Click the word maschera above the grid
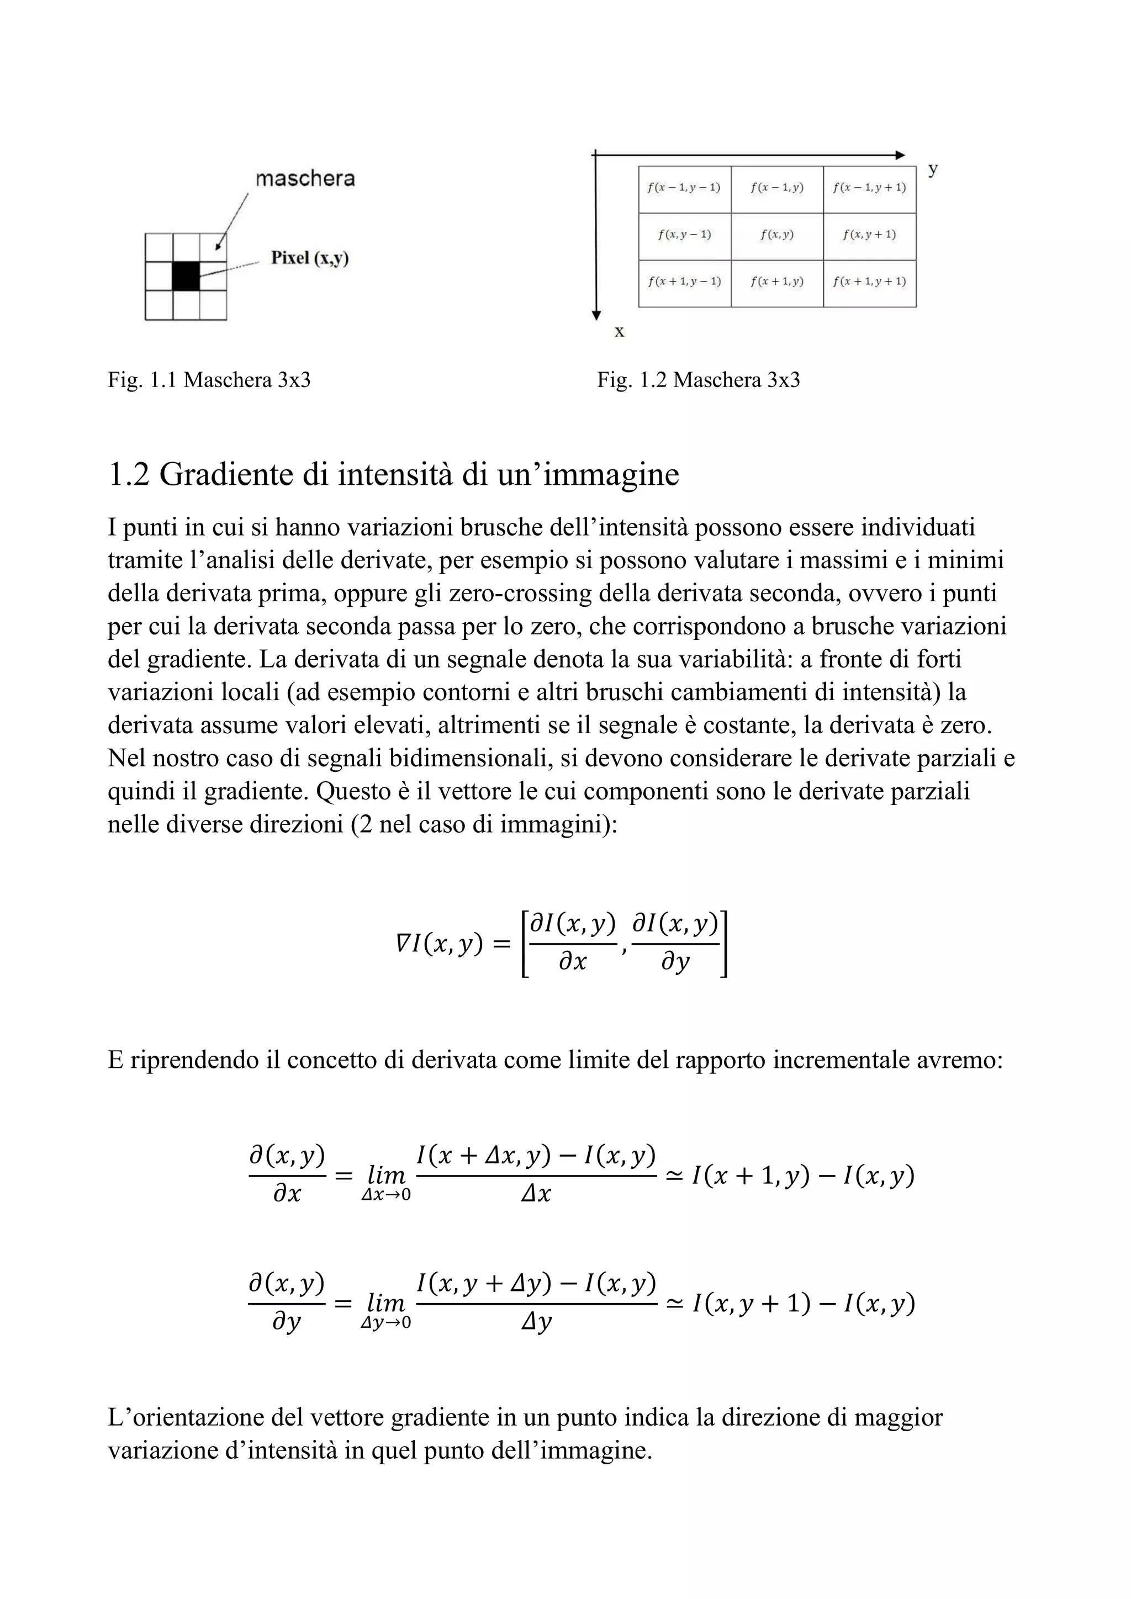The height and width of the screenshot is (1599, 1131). coord(305,179)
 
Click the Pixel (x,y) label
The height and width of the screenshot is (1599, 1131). coord(310,258)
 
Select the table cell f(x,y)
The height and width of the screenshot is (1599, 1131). coord(776,235)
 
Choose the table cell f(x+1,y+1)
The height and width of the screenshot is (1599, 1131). coord(869,282)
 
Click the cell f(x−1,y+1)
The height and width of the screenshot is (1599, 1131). coord(869,188)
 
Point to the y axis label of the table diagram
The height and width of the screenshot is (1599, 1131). coord(933,170)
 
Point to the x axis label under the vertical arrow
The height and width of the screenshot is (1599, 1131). coord(619,332)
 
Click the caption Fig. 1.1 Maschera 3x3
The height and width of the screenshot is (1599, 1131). coord(209,380)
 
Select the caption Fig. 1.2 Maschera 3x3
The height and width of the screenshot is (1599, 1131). coord(699,380)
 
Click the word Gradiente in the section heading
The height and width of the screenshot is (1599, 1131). coord(225,475)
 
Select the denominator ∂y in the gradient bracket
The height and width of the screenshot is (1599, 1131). coord(675,963)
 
